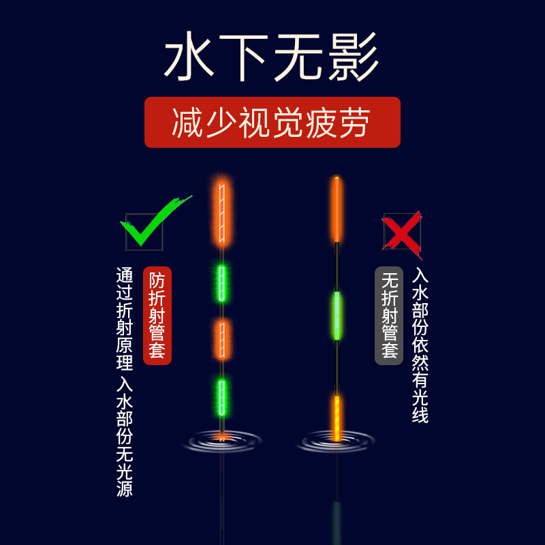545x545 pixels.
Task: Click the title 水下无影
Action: (x=271, y=54)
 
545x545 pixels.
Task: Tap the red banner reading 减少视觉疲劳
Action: (x=272, y=123)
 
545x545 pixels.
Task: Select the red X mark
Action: (x=403, y=232)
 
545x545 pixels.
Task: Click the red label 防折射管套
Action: (x=157, y=315)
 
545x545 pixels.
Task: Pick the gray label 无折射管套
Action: (x=389, y=315)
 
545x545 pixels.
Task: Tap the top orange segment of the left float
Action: (x=221, y=213)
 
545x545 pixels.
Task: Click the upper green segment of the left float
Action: (x=221, y=283)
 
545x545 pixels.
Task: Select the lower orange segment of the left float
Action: (x=221, y=339)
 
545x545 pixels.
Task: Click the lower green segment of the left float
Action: (x=221, y=396)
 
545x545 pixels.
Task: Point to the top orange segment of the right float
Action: (x=337, y=209)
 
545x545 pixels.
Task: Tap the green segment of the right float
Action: (x=337, y=315)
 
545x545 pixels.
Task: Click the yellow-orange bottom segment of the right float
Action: (x=337, y=417)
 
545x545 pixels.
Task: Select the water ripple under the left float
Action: (x=222, y=442)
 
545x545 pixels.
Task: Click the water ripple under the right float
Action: (x=337, y=443)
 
